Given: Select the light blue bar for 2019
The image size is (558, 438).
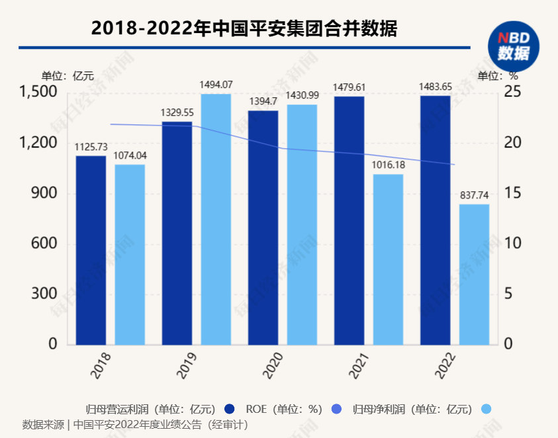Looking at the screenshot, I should pyautogui.click(x=216, y=219).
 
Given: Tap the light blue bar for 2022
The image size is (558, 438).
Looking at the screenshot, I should pyautogui.click(x=474, y=274).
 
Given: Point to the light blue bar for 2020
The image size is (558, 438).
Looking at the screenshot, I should pyautogui.click(x=302, y=224).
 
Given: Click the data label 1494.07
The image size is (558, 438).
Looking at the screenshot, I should pyautogui.click(x=216, y=85).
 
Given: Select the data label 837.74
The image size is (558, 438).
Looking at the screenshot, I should pyautogui.click(x=474, y=195).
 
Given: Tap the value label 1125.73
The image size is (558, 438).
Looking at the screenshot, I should pyautogui.click(x=91, y=147).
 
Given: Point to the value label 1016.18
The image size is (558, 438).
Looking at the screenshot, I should pyautogui.click(x=388, y=165).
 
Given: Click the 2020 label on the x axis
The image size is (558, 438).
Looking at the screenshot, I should pyautogui.click(x=269, y=365).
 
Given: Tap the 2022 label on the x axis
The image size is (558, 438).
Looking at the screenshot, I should pyautogui.click(x=442, y=365).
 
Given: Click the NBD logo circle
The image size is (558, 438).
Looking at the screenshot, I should pyautogui.click(x=514, y=46).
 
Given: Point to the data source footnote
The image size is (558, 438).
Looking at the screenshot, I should pyautogui.click(x=135, y=424).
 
